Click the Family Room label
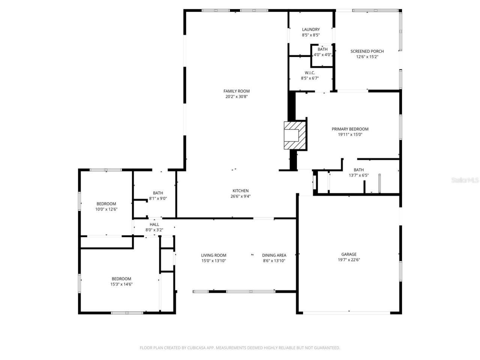(x=236, y=91)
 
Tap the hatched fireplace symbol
(x=295, y=135)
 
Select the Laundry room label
(x=311, y=30)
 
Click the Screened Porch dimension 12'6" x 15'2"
(x=367, y=57)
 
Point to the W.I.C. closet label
(x=310, y=73)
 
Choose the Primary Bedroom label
(x=350, y=129)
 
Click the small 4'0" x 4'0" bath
(x=322, y=52)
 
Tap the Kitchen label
(x=240, y=191)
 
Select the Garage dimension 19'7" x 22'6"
(x=349, y=259)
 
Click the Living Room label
(x=213, y=255)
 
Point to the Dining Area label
(x=274, y=255)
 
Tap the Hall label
(x=154, y=225)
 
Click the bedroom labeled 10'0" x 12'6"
(x=106, y=207)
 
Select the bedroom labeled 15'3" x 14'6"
(x=121, y=281)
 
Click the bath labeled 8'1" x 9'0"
(x=157, y=196)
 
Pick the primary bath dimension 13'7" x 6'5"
(x=358, y=175)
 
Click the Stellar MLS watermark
(x=465, y=180)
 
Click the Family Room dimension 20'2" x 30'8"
(x=236, y=96)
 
